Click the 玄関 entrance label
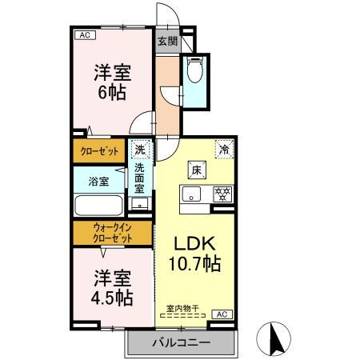166,42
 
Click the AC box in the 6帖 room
83,35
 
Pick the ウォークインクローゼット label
112,233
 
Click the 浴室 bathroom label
98,181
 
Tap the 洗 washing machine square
140,150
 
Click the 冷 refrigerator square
225,150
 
